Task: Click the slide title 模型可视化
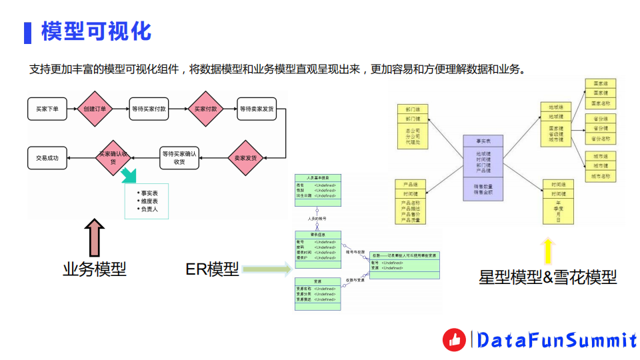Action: (97, 31)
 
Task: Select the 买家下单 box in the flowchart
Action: (47, 109)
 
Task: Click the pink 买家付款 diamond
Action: (205, 109)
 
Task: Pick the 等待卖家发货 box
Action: (256, 109)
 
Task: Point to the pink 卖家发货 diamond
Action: (246, 158)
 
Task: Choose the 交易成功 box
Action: (47, 158)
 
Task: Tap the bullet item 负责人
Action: (148, 209)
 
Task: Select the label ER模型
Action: (212, 269)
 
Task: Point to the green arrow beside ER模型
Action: (266, 269)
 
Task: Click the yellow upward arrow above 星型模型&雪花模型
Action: (547, 251)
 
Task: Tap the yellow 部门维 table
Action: (412, 125)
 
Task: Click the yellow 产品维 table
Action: (411, 201)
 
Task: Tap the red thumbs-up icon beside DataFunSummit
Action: (455, 340)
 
